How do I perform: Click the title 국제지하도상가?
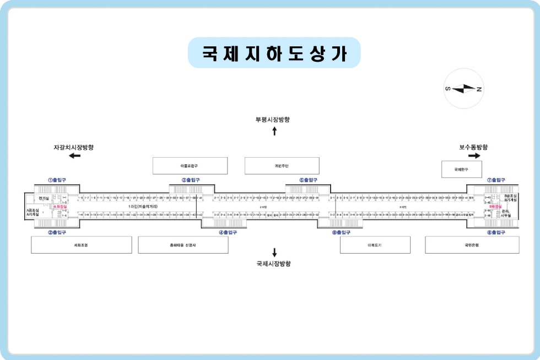pos(274,53)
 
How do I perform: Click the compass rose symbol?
pos(463,89)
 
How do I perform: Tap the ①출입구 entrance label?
pos(57,180)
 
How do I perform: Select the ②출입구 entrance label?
pos(57,232)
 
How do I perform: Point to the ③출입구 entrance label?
pos(191,180)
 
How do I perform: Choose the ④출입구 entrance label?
pos(228,232)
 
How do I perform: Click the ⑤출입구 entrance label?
pos(309,180)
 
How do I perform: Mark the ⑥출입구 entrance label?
pos(341,232)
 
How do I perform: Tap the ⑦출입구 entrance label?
pos(496,180)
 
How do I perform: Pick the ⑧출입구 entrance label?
pos(496,232)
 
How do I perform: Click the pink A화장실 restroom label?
pos(60,207)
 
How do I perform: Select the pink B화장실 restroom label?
pos(495,207)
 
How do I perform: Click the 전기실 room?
pos(44,198)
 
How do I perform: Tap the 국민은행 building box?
pos(472,245)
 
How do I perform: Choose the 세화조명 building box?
pos(81,245)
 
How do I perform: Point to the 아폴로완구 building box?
pos(190,165)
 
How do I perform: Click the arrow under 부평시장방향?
pos(274,131)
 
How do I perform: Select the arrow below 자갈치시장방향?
pos(74,156)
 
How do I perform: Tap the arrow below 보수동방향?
pos(474,156)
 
